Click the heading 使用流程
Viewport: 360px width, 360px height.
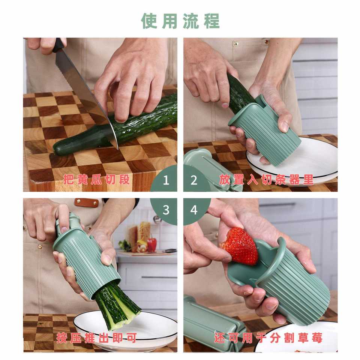[x=180, y=21]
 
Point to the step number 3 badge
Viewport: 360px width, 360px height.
[x=165, y=210]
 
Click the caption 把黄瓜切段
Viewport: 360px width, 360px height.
[x=97, y=180]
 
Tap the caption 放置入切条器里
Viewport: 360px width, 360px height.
[x=266, y=180]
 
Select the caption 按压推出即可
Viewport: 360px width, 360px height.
[x=97, y=338]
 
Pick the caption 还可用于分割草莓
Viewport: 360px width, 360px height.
[x=268, y=338]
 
